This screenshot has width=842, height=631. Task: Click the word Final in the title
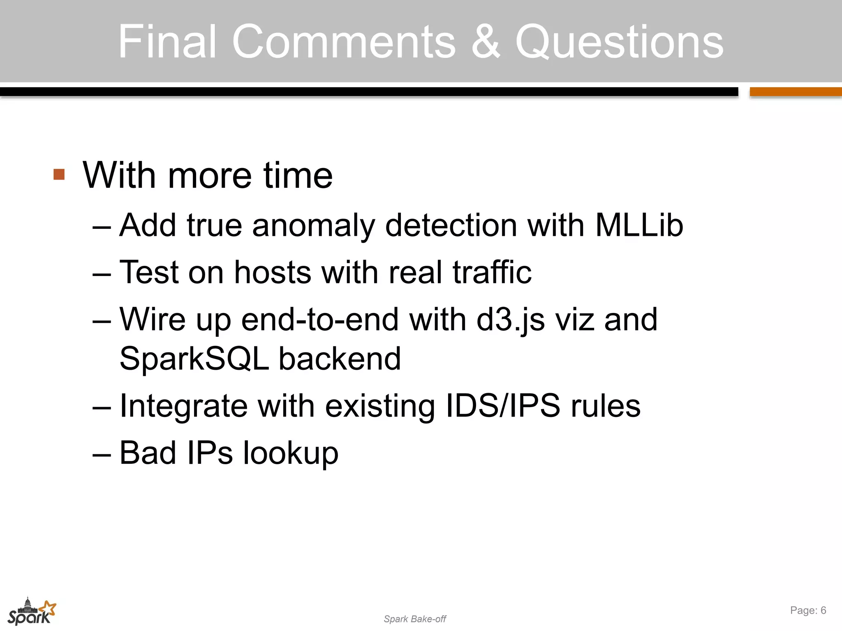point(167,41)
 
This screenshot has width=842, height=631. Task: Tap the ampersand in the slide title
point(486,41)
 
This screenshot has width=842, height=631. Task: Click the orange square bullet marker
point(59,175)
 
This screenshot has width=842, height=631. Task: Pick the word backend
point(340,359)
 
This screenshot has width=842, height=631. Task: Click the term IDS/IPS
point(503,406)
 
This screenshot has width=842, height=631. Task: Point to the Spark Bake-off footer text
point(414,619)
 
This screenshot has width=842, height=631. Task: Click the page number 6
point(823,610)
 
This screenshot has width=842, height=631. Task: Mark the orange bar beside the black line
point(796,92)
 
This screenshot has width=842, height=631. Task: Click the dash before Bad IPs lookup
point(102,454)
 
